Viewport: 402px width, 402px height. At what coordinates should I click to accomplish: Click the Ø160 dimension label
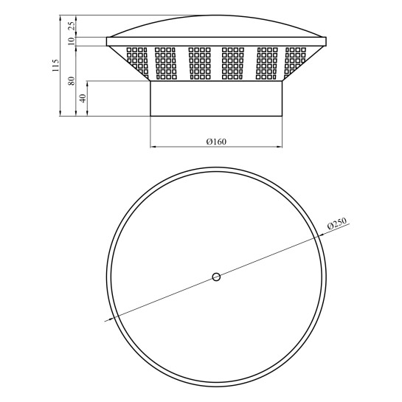point(216,142)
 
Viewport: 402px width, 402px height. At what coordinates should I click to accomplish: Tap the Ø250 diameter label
point(337,223)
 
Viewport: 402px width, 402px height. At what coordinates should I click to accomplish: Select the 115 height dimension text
point(55,66)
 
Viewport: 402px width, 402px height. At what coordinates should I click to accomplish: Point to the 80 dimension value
point(72,81)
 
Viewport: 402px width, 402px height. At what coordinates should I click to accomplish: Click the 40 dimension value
point(83,98)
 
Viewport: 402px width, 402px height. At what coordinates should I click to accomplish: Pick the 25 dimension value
point(72,26)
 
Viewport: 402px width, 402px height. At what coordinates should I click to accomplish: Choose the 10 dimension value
point(72,41)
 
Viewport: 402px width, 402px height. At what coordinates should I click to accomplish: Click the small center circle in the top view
point(216,277)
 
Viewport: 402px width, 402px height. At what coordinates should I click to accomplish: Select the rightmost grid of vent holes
point(295,63)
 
